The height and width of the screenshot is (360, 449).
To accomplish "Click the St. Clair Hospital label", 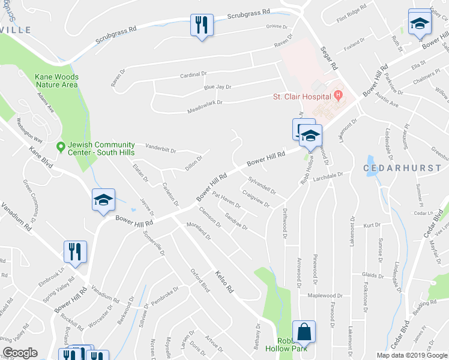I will click(302, 96).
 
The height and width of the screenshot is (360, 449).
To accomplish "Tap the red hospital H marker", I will click(339, 95).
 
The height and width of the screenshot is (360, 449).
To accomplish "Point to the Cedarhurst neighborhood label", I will click(394, 169).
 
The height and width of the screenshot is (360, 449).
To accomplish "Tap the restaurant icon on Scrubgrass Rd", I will click(200, 26).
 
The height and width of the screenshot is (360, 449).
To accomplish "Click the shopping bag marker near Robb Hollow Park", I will click(304, 332).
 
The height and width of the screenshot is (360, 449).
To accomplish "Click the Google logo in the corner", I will click(20, 352).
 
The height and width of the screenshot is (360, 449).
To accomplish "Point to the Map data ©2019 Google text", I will click(412, 355).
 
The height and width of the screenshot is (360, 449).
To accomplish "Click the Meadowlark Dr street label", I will click(205, 103).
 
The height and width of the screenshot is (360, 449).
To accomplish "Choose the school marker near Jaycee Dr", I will click(103, 200).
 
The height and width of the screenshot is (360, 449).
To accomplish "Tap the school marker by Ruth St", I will click(420, 23).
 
